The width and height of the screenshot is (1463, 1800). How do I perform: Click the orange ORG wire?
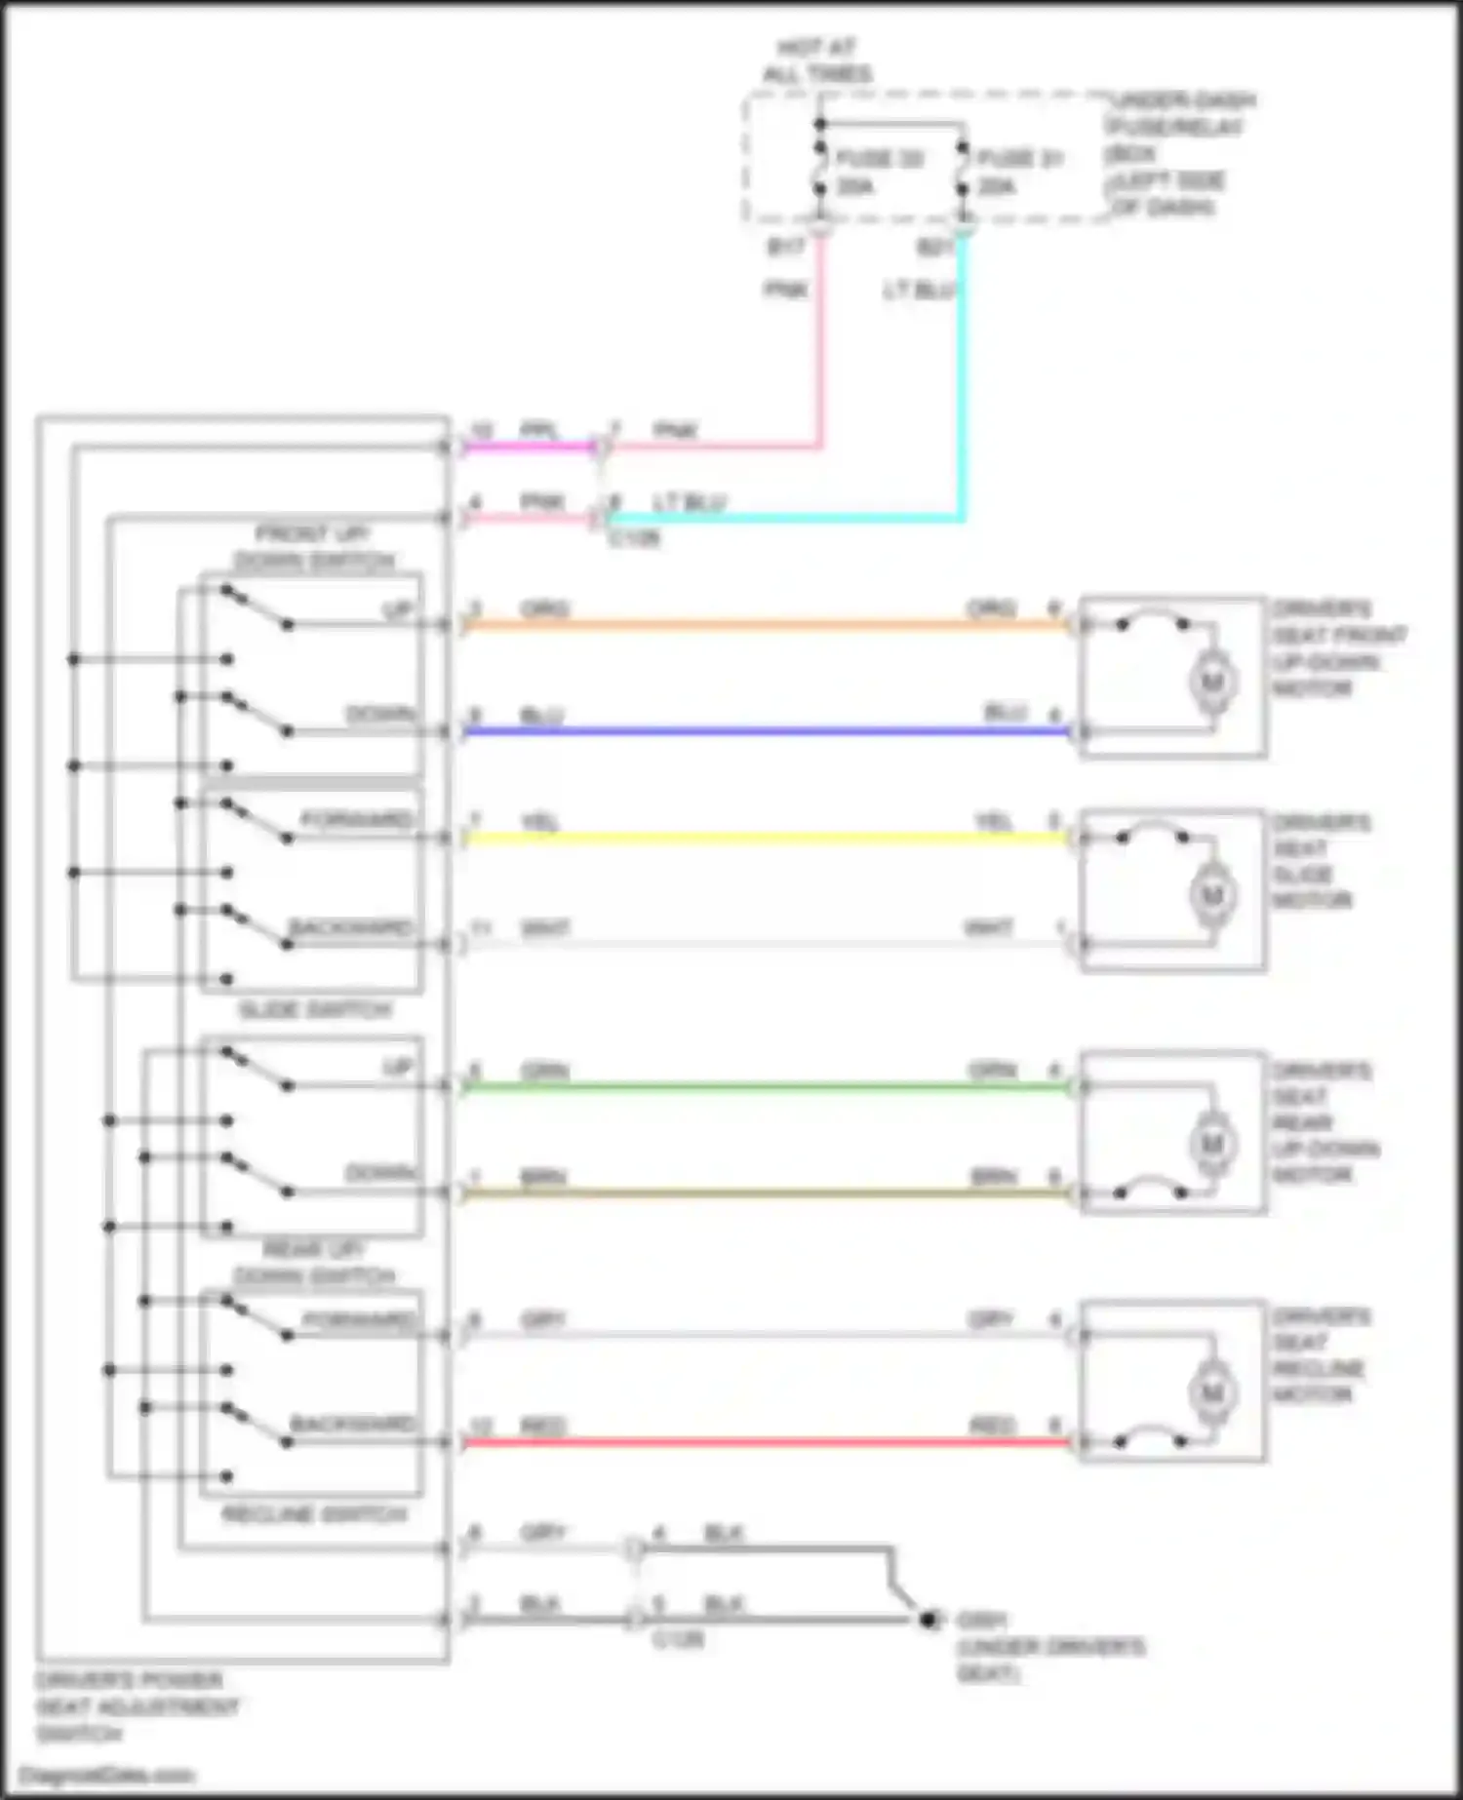[761, 625]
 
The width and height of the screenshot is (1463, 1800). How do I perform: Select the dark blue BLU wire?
[761, 731]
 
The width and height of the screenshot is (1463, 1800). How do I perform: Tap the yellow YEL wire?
[761, 838]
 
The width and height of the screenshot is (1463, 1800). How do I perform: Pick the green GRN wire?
[761, 1086]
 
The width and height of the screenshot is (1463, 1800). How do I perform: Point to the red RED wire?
[761, 1441]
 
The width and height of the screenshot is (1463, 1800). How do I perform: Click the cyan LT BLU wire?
[961, 390]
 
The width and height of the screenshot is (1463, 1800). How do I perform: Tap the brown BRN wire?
[761, 1193]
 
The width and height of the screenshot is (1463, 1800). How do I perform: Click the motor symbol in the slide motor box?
[1212, 894]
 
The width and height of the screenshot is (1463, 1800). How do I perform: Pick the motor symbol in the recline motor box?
[1212, 1392]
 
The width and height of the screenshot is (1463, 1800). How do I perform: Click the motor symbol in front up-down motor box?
[1212, 682]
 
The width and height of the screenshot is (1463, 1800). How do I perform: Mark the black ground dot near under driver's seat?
[928, 1620]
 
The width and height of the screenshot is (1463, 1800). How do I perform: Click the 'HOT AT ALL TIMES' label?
[817, 60]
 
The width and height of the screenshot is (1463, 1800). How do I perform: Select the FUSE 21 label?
[1018, 158]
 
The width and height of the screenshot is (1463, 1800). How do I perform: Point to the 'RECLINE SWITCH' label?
[314, 1515]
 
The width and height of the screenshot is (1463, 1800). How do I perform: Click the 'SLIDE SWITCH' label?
[314, 1010]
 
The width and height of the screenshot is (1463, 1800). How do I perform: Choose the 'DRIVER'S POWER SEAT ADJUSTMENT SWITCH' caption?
[137, 1707]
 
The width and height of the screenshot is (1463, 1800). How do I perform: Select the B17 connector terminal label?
[786, 248]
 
